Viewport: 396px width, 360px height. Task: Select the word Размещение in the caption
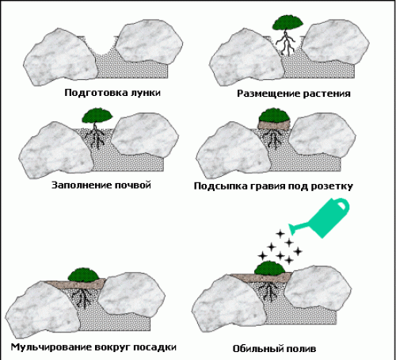click(x=268, y=94)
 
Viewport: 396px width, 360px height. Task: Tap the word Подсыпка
click(x=220, y=186)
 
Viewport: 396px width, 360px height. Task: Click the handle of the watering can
click(x=342, y=205)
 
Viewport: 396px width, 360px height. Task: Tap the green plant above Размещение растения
click(x=287, y=22)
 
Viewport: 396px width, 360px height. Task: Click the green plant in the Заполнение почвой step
click(x=97, y=115)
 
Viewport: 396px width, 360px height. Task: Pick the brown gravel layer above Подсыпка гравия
click(x=274, y=124)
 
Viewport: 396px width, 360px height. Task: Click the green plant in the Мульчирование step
click(x=84, y=274)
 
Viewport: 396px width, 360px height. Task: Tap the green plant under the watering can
click(x=270, y=267)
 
